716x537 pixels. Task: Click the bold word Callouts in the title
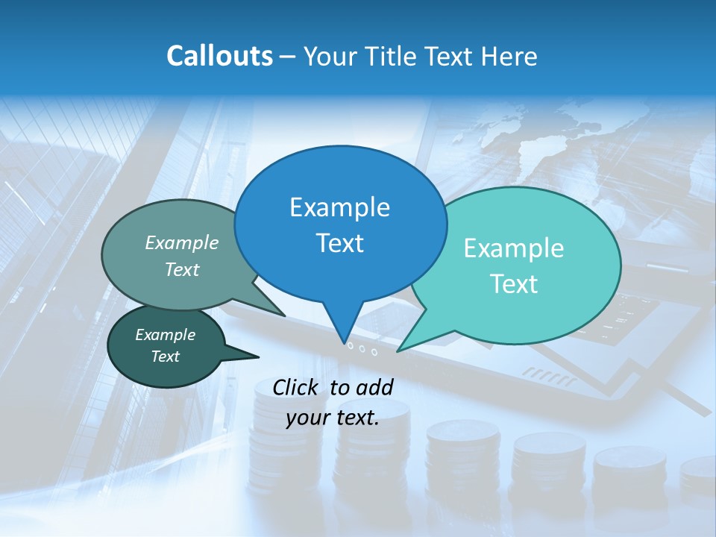(219, 56)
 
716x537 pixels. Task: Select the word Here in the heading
(509, 56)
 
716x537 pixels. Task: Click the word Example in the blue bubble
(339, 207)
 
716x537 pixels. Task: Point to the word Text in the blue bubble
(339, 243)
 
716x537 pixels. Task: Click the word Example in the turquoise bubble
(513, 248)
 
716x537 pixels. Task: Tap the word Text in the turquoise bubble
(513, 284)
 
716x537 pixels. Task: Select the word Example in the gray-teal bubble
(182, 242)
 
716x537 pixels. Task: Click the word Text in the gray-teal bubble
(182, 269)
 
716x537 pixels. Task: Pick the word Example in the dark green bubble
(165, 335)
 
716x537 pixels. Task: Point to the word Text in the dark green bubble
(165, 357)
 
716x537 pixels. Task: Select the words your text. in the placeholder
(333, 418)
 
